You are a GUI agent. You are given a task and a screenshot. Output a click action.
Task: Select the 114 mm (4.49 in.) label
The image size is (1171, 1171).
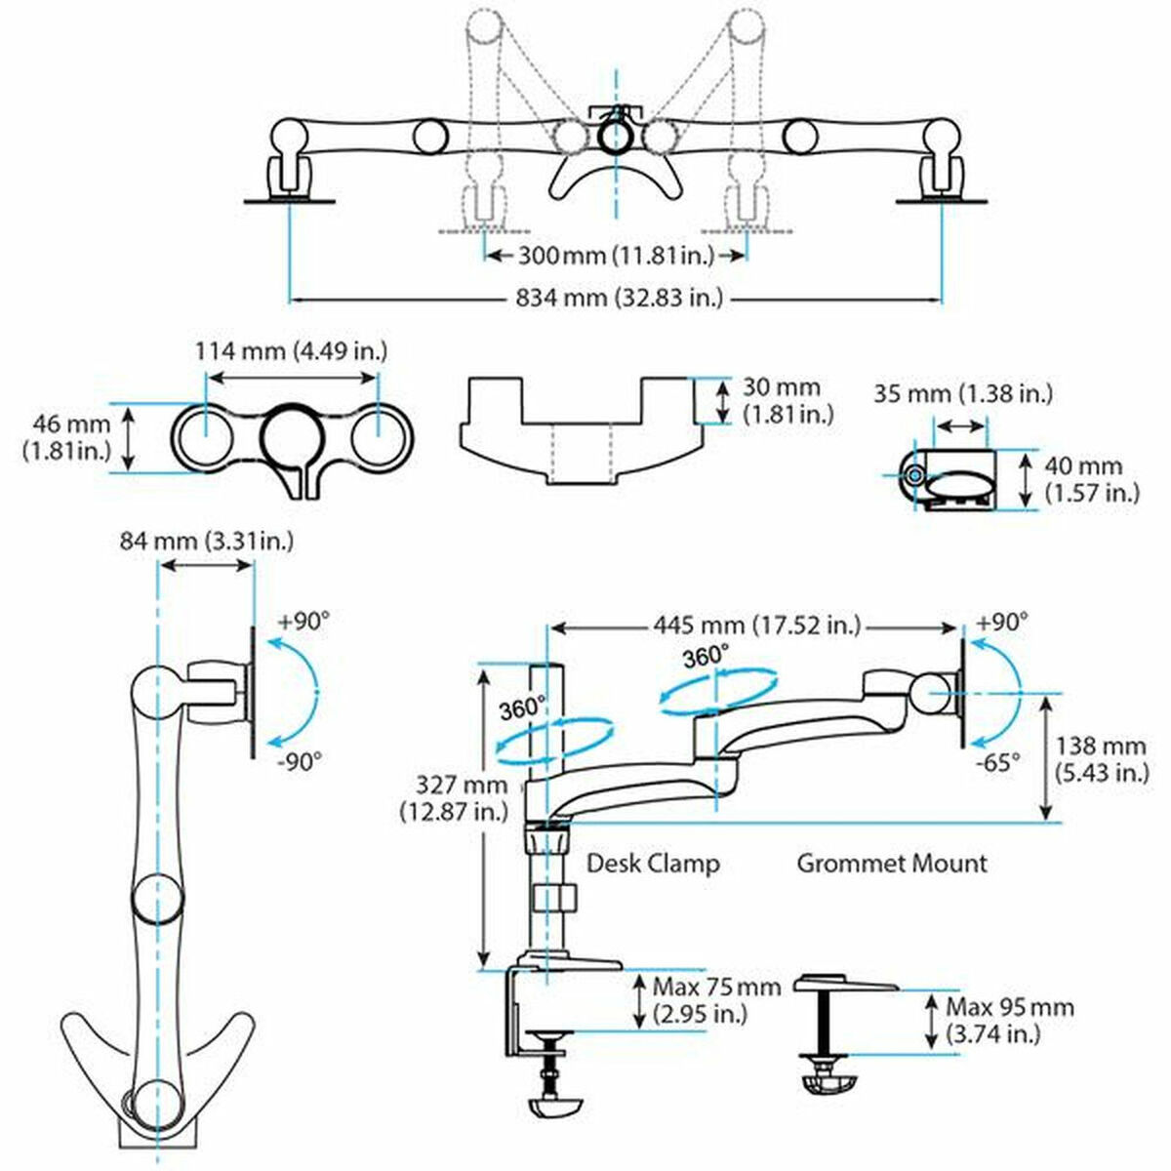pyautogui.click(x=292, y=350)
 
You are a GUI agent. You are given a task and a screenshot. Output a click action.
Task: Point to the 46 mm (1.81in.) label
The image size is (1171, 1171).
pyautogui.click(x=62, y=437)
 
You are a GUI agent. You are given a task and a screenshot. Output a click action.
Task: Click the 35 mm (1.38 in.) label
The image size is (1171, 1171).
pyautogui.click(x=962, y=394)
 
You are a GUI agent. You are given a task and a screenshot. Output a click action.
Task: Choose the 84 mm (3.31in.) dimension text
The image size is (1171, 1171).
pyautogui.click(x=206, y=540)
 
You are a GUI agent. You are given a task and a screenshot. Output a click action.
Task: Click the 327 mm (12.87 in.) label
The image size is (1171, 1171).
pyautogui.click(x=444, y=796)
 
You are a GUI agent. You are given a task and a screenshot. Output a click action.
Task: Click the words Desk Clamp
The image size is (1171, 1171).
pyautogui.click(x=653, y=863)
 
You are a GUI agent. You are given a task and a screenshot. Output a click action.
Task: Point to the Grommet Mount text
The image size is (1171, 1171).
pyautogui.click(x=892, y=863)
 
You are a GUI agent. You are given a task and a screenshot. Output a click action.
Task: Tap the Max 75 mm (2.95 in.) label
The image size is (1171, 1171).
pyautogui.click(x=716, y=999)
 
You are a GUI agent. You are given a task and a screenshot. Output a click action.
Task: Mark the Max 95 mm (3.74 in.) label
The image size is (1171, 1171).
pyautogui.click(x=1008, y=1020)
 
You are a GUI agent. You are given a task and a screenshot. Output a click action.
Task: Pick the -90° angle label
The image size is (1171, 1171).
pyautogui.click(x=298, y=761)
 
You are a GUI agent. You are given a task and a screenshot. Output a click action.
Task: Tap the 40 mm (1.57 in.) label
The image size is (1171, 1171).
pyautogui.click(x=1092, y=479)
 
